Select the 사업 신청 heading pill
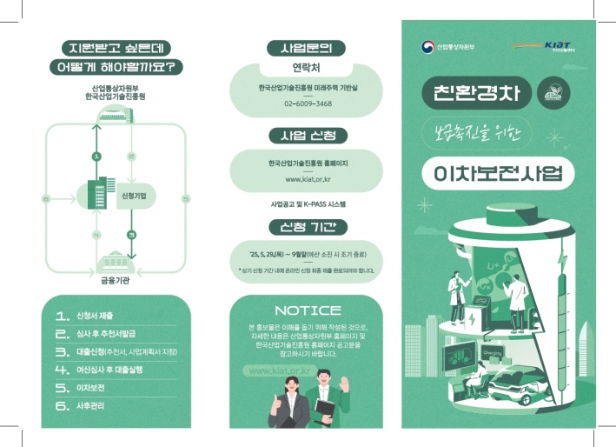pyautogui.click(x=308, y=136)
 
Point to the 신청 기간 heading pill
pyautogui.click(x=308, y=227)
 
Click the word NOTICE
pyautogui.click(x=308, y=310)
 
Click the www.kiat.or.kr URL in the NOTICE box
pyautogui.click(x=279, y=370)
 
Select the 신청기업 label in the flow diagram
pyautogui.click(x=133, y=197)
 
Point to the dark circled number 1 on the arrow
pyautogui.click(x=96, y=157)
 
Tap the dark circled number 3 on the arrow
pyautogui.click(x=131, y=235)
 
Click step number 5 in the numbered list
pyautogui.click(x=62, y=387)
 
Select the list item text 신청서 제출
pyautogui.click(x=95, y=315)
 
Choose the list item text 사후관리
pyautogui.click(x=92, y=405)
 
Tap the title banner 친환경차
pyautogui.click(x=474, y=92)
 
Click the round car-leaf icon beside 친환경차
pyautogui.click(x=550, y=92)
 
